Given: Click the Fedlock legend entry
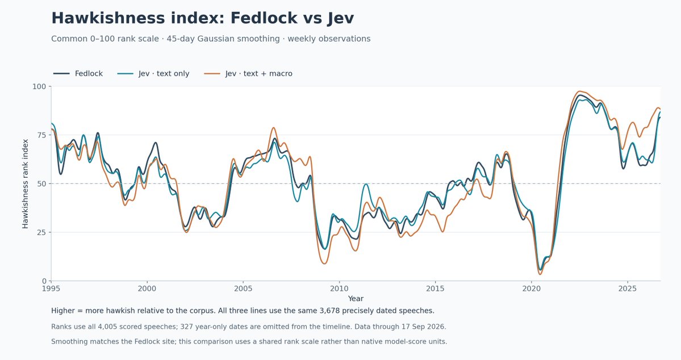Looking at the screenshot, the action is tap(78, 74).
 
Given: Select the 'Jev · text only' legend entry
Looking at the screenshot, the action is tap(153, 74).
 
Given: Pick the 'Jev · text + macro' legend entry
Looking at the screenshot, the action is tap(248, 74).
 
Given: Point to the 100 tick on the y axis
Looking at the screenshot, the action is tap(39, 86).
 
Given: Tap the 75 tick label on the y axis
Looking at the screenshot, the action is tap(41, 135).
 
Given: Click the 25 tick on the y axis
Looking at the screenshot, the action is tap(41, 232).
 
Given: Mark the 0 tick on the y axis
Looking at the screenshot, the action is tap(44, 281).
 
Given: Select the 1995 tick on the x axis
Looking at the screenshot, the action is tap(51, 289).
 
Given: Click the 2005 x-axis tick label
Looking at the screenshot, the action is tap(243, 289).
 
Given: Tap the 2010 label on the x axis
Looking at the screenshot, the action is tap(339, 289).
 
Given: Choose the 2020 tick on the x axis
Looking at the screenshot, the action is tap(531, 289).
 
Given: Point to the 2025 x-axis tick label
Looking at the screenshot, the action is tap(627, 289).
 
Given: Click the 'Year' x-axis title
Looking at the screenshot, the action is tap(356, 299).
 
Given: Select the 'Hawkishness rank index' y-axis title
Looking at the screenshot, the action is tap(25, 184).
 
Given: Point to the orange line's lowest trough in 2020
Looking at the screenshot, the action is tap(540, 274).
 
